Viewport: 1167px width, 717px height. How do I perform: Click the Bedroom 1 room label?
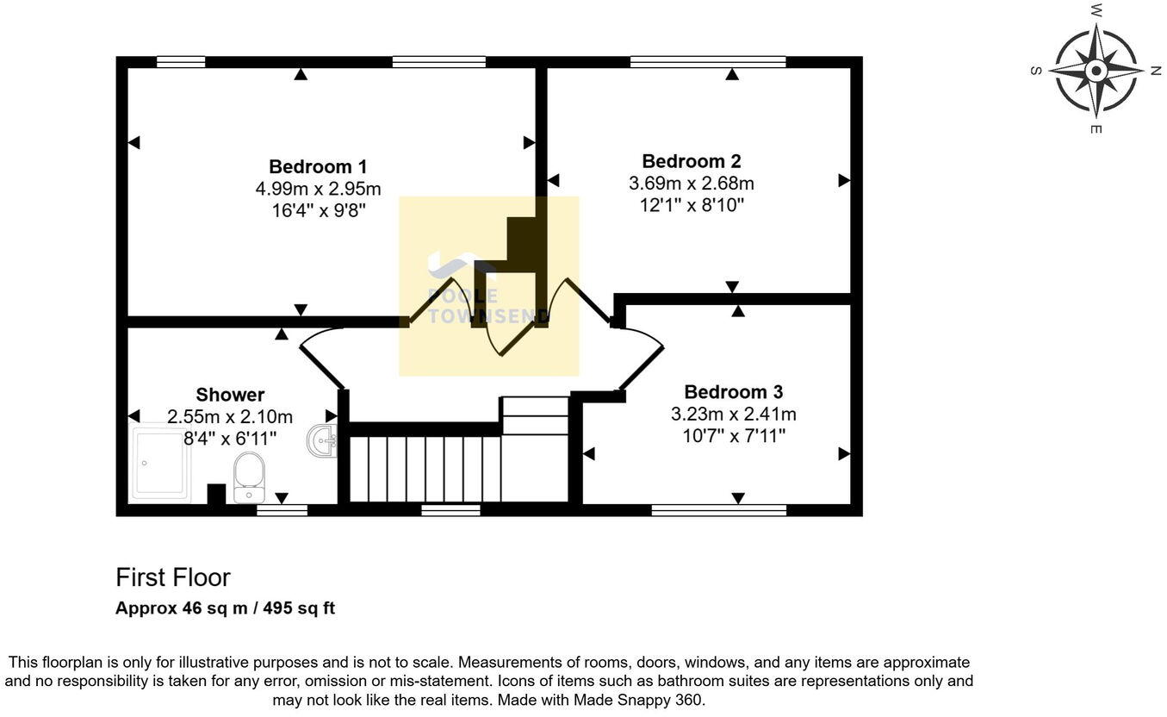point(318,166)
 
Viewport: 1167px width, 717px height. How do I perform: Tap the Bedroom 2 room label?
point(691,161)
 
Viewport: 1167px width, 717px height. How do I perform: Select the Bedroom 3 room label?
point(733,392)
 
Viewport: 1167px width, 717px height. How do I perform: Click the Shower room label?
point(230,395)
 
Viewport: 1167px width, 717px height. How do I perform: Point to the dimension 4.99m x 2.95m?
point(318,189)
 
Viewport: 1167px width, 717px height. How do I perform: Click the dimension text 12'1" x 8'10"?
point(691,205)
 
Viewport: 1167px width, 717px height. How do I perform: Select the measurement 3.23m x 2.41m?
point(733,414)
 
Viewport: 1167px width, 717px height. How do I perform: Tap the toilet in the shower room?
point(249,477)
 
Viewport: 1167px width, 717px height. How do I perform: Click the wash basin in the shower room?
point(322,441)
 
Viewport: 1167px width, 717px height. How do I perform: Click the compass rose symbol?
point(1096,70)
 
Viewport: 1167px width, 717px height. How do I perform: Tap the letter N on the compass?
point(1155,71)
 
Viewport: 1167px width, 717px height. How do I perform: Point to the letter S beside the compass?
point(1034,71)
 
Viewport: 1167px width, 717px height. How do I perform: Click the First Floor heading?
point(173,577)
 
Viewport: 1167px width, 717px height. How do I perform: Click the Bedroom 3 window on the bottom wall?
point(718,510)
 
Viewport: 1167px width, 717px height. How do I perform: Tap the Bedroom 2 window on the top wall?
point(708,62)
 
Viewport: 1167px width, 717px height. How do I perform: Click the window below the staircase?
point(450,510)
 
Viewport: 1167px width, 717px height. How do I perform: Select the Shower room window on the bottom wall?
point(282,510)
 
